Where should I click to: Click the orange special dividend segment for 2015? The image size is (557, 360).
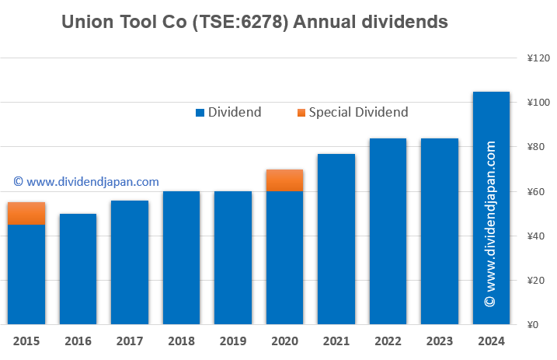(26, 213)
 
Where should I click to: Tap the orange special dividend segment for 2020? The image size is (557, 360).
(284, 180)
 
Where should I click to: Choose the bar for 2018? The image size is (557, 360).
(181, 257)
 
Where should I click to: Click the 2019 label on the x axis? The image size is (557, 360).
(232, 341)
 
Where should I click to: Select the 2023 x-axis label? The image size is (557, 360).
(440, 341)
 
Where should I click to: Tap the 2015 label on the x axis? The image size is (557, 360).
(26, 341)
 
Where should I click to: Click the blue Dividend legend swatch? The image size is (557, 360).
(200, 113)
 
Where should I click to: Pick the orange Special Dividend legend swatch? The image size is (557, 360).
(301, 113)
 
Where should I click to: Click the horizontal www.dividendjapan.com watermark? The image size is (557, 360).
(86, 182)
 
